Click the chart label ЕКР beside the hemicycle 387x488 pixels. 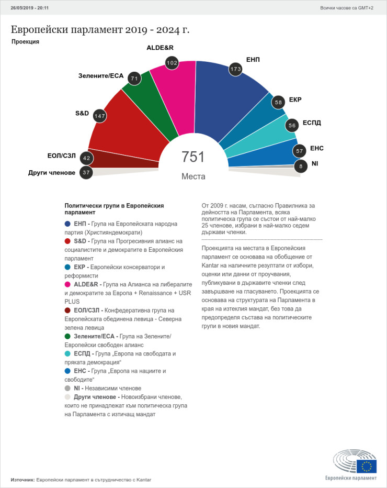[295, 99]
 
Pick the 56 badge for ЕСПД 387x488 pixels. [292, 125]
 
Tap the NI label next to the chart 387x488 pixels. [315, 163]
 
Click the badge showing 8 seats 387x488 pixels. [300, 167]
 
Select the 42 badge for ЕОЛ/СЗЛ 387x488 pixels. [86, 159]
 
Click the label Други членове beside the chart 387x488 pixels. [52, 172]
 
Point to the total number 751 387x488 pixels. [193, 157]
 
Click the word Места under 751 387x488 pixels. [193, 176]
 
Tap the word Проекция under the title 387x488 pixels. [25, 41]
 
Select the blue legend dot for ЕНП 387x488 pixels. [67, 224]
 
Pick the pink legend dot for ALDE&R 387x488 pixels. [67, 284]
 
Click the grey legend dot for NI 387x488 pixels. [67, 389]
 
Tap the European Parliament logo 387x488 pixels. [355, 464]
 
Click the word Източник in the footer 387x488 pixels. [22, 479]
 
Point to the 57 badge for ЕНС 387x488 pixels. [300, 151]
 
